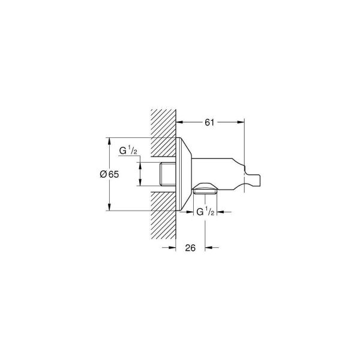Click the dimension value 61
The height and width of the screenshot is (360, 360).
(209, 122)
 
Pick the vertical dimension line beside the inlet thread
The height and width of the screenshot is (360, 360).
(139, 174)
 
